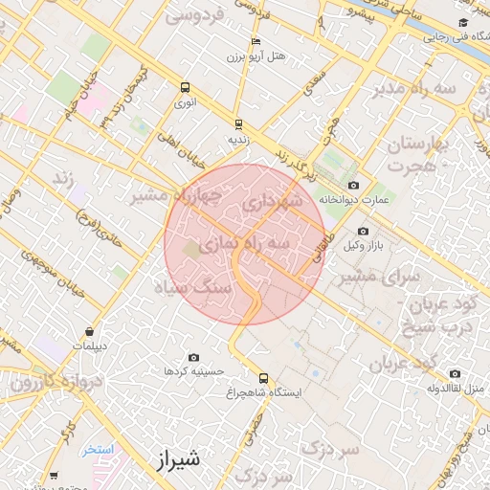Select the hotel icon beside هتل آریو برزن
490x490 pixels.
point(255,42)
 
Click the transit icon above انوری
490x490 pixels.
point(185,86)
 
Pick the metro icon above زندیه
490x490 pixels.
point(238,123)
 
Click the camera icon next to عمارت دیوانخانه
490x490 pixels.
point(354,185)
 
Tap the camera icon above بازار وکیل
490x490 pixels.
point(363,231)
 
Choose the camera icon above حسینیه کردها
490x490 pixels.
point(193,356)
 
